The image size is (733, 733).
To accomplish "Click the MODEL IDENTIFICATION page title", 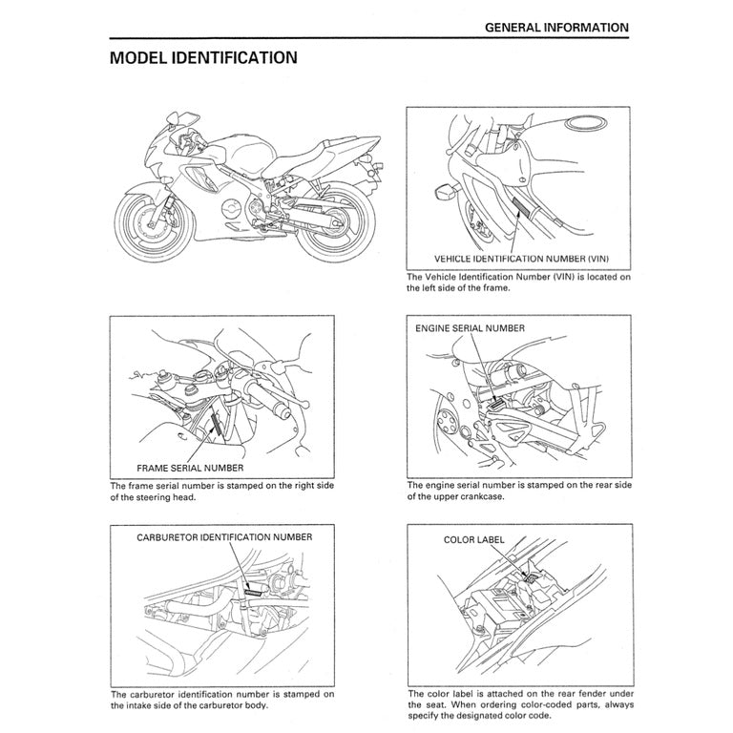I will pyautogui.click(x=203, y=58).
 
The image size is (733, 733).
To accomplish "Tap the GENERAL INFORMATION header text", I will pyautogui.click(x=557, y=28).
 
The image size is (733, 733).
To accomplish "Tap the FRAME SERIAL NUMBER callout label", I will pyautogui.click(x=190, y=469).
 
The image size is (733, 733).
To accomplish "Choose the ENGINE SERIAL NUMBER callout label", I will pyautogui.click(x=469, y=328).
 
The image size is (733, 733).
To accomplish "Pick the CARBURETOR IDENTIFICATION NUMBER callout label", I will pyautogui.click(x=223, y=538).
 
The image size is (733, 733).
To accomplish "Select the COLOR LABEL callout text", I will pyautogui.click(x=473, y=539).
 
